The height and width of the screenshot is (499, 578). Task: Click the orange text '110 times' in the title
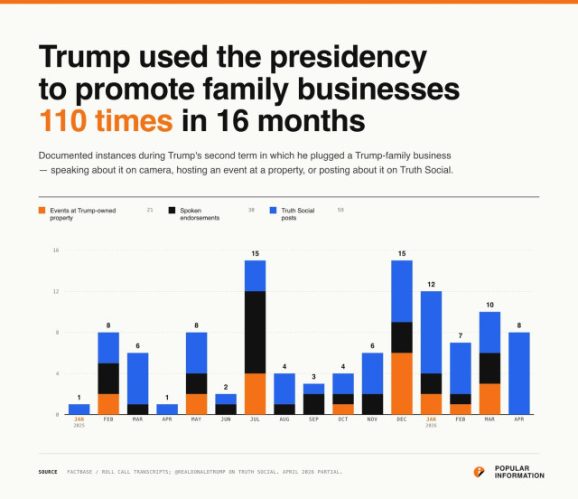tap(105, 120)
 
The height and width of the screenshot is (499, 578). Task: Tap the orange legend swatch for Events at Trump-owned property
tap(42, 210)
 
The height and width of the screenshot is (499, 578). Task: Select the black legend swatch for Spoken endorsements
tap(172, 210)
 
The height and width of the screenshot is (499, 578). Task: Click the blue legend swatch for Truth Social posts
tap(274, 210)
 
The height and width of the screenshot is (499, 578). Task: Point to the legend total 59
tap(340, 210)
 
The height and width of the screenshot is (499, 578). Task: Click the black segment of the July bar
tap(255, 332)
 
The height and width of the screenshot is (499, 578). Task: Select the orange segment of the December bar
tap(402, 383)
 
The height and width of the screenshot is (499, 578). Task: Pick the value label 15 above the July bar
tap(255, 252)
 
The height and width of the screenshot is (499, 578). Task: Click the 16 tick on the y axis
tap(55, 250)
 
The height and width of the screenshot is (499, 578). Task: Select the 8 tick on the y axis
tap(56, 333)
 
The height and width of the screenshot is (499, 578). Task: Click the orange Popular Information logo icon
tap(480, 471)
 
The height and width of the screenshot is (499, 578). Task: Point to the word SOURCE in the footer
tap(48, 472)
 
